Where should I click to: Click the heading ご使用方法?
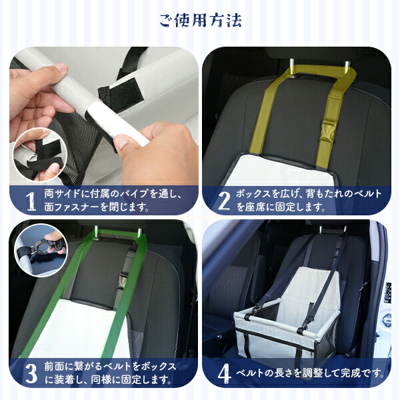[201, 21]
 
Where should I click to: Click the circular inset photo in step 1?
[39, 154]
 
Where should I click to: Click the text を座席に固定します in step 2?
[287, 207]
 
